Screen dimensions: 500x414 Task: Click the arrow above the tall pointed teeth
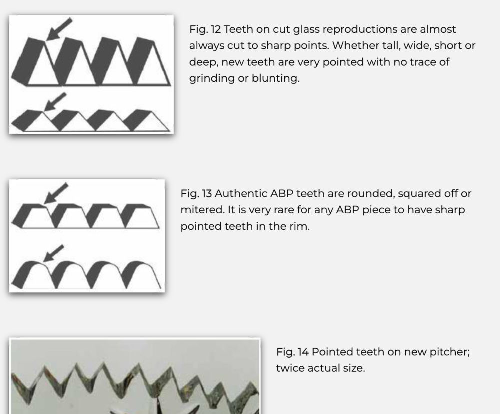(x=59, y=29)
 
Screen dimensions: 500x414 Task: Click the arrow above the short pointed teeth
(x=55, y=102)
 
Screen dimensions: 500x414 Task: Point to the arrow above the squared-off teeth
(x=56, y=193)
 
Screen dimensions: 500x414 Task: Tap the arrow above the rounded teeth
(x=53, y=253)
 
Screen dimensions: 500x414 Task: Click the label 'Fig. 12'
(x=205, y=29)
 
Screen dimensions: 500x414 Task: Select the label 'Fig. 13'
(x=196, y=194)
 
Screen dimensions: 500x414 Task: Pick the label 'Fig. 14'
(x=292, y=352)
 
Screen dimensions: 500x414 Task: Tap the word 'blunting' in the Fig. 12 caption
(x=275, y=78)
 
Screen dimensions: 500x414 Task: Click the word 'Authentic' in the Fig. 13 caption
(x=241, y=194)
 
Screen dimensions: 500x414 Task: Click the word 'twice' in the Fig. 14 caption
(x=290, y=368)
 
